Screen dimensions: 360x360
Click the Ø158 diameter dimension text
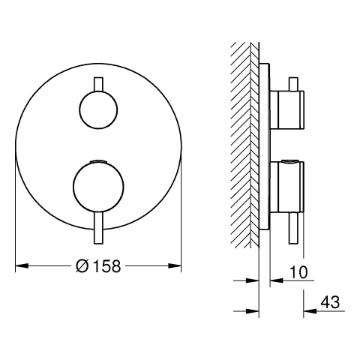click(x=98, y=265)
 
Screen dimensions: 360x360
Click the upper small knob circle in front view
click(x=98, y=110)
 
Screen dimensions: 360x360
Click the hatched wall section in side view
click(x=244, y=150)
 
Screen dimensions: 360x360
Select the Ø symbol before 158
click(x=82, y=265)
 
